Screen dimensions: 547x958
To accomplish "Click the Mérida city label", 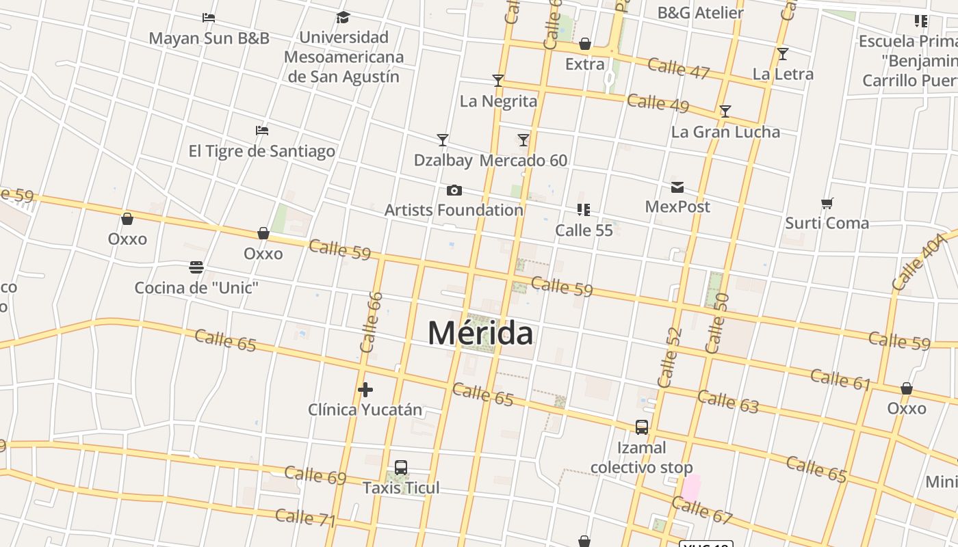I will coord(480,334).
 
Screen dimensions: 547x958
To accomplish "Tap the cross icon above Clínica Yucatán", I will coord(365,390).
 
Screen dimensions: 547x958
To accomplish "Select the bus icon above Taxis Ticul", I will coord(401,468).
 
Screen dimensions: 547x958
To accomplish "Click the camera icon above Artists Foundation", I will coord(454,190).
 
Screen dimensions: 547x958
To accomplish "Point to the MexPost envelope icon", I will coord(677,187).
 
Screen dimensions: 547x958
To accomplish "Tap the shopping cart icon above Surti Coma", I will coord(827,203).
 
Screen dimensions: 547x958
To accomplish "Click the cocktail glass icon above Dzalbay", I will coord(443,140).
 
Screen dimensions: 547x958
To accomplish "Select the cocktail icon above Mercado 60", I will coord(523,140).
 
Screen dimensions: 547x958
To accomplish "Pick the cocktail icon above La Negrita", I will coord(498,81).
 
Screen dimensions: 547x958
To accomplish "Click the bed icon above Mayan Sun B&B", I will coord(209,17).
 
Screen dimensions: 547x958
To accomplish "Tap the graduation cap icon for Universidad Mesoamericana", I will coord(344,17).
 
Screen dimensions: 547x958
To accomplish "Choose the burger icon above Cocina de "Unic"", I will coord(196,267).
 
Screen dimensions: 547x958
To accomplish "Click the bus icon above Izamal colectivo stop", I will coord(642,427).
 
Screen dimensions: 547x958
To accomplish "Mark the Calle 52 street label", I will coord(669,357).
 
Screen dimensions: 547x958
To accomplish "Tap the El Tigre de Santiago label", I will coord(262,151).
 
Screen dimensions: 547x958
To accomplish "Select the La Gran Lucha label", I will coord(725,132).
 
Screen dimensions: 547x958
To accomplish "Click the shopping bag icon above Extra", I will coord(585,44).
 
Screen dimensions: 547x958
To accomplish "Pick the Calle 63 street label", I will coord(728,402).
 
